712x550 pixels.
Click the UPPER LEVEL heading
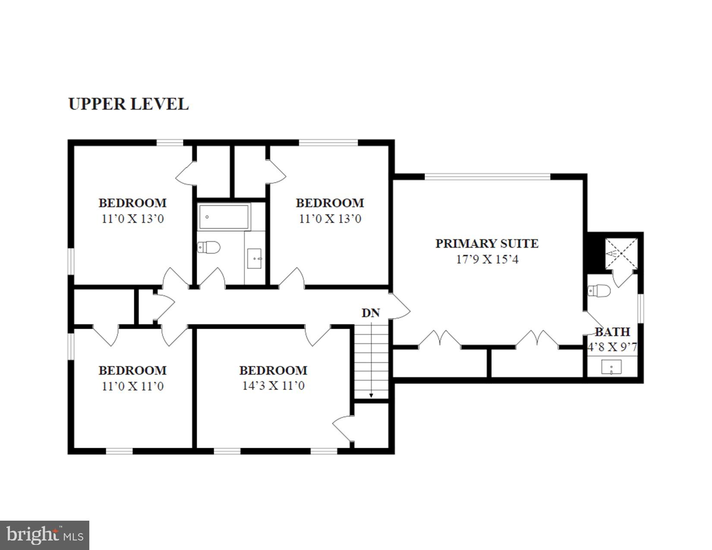click(x=128, y=104)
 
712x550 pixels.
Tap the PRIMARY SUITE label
click(x=487, y=243)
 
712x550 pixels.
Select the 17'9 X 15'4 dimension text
click(x=487, y=259)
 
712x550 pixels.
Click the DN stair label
click(x=370, y=313)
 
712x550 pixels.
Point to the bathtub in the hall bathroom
click(x=224, y=217)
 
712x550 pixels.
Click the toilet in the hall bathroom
click(x=209, y=247)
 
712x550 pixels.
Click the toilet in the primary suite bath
click(x=600, y=291)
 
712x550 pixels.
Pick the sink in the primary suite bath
click(x=611, y=368)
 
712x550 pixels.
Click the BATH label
click(x=612, y=332)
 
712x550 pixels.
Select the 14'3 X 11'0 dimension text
click(x=273, y=386)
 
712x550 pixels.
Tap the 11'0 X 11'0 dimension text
click(x=132, y=386)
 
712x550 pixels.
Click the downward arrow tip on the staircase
click(x=371, y=396)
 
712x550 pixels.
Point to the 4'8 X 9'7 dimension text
click(x=612, y=347)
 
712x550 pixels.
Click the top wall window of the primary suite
click(x=487, y=176)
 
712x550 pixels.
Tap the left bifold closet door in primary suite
click(x=439, y=339)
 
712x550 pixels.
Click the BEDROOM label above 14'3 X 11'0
click(x=273, y=371)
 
